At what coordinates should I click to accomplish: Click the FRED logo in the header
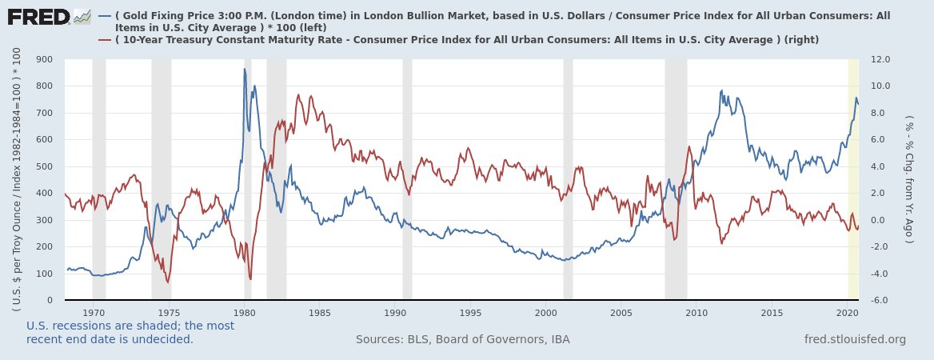tap(48, 16)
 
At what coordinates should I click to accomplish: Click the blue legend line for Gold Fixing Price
tap(104, 15)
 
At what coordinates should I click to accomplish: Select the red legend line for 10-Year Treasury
tap(104, 39)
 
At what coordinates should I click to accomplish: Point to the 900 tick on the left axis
tap(44, 59)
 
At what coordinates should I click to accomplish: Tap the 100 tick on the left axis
tap(44, 274)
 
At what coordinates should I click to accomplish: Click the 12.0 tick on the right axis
tap(881, 59)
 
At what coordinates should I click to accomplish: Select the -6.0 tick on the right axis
tap(881, 301)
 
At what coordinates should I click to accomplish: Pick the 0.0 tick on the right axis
tap(881, 220)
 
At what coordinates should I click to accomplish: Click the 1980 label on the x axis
tap(245, 312)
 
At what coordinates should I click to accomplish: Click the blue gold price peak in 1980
tap(245, 70)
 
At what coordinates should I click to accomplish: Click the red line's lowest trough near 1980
tap(250, 278)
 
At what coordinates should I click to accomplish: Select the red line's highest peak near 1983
tap(298, 95)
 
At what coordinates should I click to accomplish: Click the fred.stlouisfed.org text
tap(855, 339)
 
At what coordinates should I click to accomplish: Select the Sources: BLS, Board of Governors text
tap(462, 339)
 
